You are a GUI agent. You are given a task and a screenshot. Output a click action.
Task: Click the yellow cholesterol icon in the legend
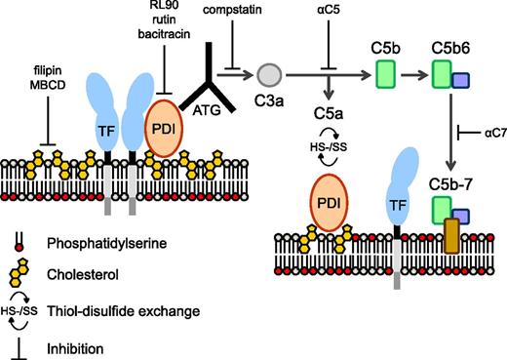point(19,274)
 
